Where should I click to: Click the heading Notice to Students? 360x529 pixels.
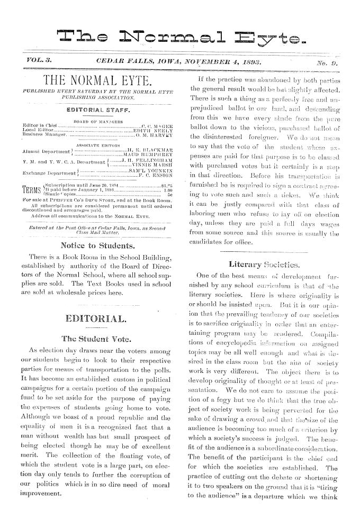(x=95, y=231)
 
